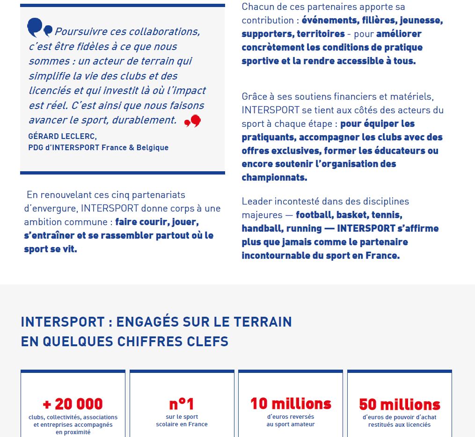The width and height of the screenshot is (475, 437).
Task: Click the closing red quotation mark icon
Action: click(x=192, y=122)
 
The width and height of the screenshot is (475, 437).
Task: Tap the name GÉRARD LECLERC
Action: click(x=62, y=137)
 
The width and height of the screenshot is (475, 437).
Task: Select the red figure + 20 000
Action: click(x=73, y=404)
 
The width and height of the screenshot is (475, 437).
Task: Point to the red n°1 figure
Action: click(x=182, y=404)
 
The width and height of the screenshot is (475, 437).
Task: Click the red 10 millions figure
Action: click(x=291, y=403)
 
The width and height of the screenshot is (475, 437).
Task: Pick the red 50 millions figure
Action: click(x=400, y=404)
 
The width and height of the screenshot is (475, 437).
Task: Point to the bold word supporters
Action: click(x=267, y=34)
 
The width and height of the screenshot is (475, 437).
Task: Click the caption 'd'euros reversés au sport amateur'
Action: click(x=291, y=420)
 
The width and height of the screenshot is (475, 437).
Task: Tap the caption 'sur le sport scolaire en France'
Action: click(x=182, y=420)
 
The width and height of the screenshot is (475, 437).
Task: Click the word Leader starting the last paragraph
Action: click(x=257, y=202)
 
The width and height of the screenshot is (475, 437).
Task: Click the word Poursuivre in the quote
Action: click(x=80, y=32)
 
